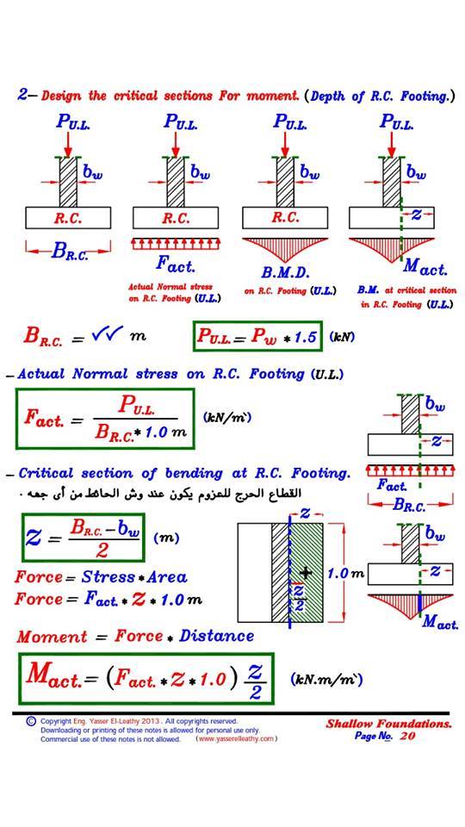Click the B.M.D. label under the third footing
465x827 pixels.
[x=285, y=273]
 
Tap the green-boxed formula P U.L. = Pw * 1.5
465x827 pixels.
[x=257, y=336]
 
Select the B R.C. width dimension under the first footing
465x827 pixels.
[x=69, y=252]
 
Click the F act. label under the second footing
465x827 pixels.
[x=176, y=264]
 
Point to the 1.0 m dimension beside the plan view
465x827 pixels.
[x=346, y=574]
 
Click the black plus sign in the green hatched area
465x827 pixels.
[x=305, y=573]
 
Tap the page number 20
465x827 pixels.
[x=407, y=736]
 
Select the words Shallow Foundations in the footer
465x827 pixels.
[x=388, y=724]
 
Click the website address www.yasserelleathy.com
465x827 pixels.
[x=236, y=739]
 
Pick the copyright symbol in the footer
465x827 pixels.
[x=31, y=720]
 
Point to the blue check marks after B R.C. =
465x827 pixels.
[x=107, y=333]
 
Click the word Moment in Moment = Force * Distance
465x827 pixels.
[x=52, y=637]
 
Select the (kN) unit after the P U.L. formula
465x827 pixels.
[x=342, y=337]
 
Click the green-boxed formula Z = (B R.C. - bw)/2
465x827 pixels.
[x=83, y=538]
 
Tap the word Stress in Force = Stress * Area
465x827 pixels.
[x=108, y=577]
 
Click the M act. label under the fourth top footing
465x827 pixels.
[x=425, y=269]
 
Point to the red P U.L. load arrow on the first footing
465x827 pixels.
[x=67, y=143]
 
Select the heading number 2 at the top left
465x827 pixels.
[x=22, y=96]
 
